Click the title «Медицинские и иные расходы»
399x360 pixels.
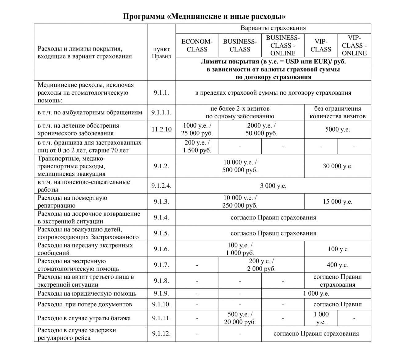point(204,16)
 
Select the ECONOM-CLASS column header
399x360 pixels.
point(197,45)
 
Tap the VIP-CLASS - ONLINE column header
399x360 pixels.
point(354,45)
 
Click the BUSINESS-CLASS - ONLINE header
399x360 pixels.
point(283,45)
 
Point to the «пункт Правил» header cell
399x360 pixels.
point(161,53)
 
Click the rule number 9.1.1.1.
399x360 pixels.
point(161,112)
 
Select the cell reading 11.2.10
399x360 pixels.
point(161,129)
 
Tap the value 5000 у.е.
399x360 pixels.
point(337,129)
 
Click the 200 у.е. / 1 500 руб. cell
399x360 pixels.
point(197,146)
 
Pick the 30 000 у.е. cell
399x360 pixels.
point(337,166)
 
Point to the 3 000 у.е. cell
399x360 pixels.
point(273,186)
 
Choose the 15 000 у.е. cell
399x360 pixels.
point(337,202)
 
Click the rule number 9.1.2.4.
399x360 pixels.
point(161,186)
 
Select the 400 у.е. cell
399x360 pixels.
point(337,265)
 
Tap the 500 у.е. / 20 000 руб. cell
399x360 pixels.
point(240,318)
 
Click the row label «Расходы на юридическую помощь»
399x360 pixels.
point(87,293)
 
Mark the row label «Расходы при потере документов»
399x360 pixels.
point(85,304)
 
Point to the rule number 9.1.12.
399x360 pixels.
point(161,334)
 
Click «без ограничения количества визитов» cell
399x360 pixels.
point(337,112)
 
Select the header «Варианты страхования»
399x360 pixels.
point(273,28)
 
